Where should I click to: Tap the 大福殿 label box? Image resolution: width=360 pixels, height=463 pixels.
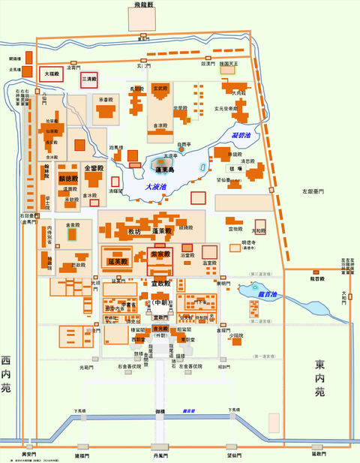(51, 74)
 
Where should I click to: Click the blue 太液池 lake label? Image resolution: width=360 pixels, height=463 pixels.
(156, 186)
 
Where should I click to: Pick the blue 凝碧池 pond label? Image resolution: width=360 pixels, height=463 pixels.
(242, 135)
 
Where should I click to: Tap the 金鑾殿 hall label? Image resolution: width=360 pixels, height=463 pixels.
(94, 169)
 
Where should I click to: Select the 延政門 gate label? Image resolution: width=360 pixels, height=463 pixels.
(319, 454)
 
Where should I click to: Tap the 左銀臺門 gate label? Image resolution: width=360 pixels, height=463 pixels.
(311, 192)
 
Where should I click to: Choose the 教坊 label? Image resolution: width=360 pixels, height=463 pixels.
(134, 231)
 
